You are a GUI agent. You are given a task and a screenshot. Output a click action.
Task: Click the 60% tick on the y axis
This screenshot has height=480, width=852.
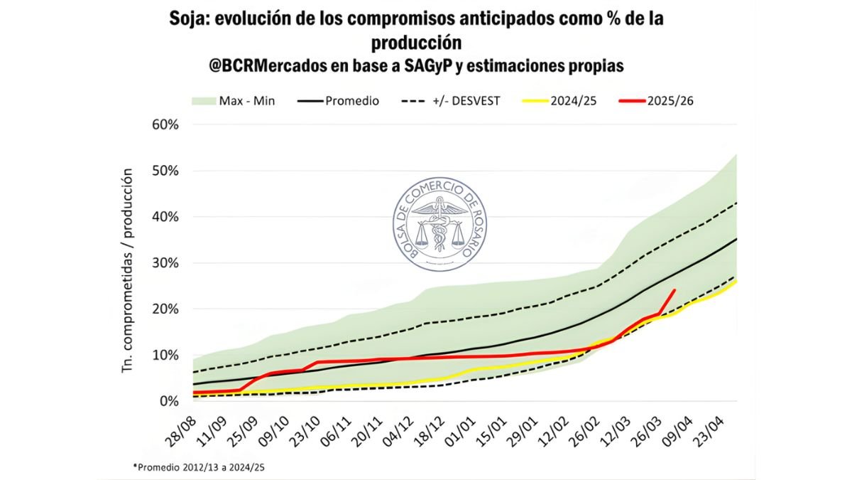coord(164,124)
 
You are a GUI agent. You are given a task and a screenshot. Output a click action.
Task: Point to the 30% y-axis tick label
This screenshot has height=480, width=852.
coord(164,263)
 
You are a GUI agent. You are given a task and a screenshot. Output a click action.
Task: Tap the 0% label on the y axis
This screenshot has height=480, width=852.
coord(169,401)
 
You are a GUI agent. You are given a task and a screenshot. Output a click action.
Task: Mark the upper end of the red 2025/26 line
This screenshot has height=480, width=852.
coord(674,290)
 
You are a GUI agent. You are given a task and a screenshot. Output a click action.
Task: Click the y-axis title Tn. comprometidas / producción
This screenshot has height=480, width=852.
coord(129,270)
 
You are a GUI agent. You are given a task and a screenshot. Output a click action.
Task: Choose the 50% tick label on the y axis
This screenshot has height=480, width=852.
coord(164,171)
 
